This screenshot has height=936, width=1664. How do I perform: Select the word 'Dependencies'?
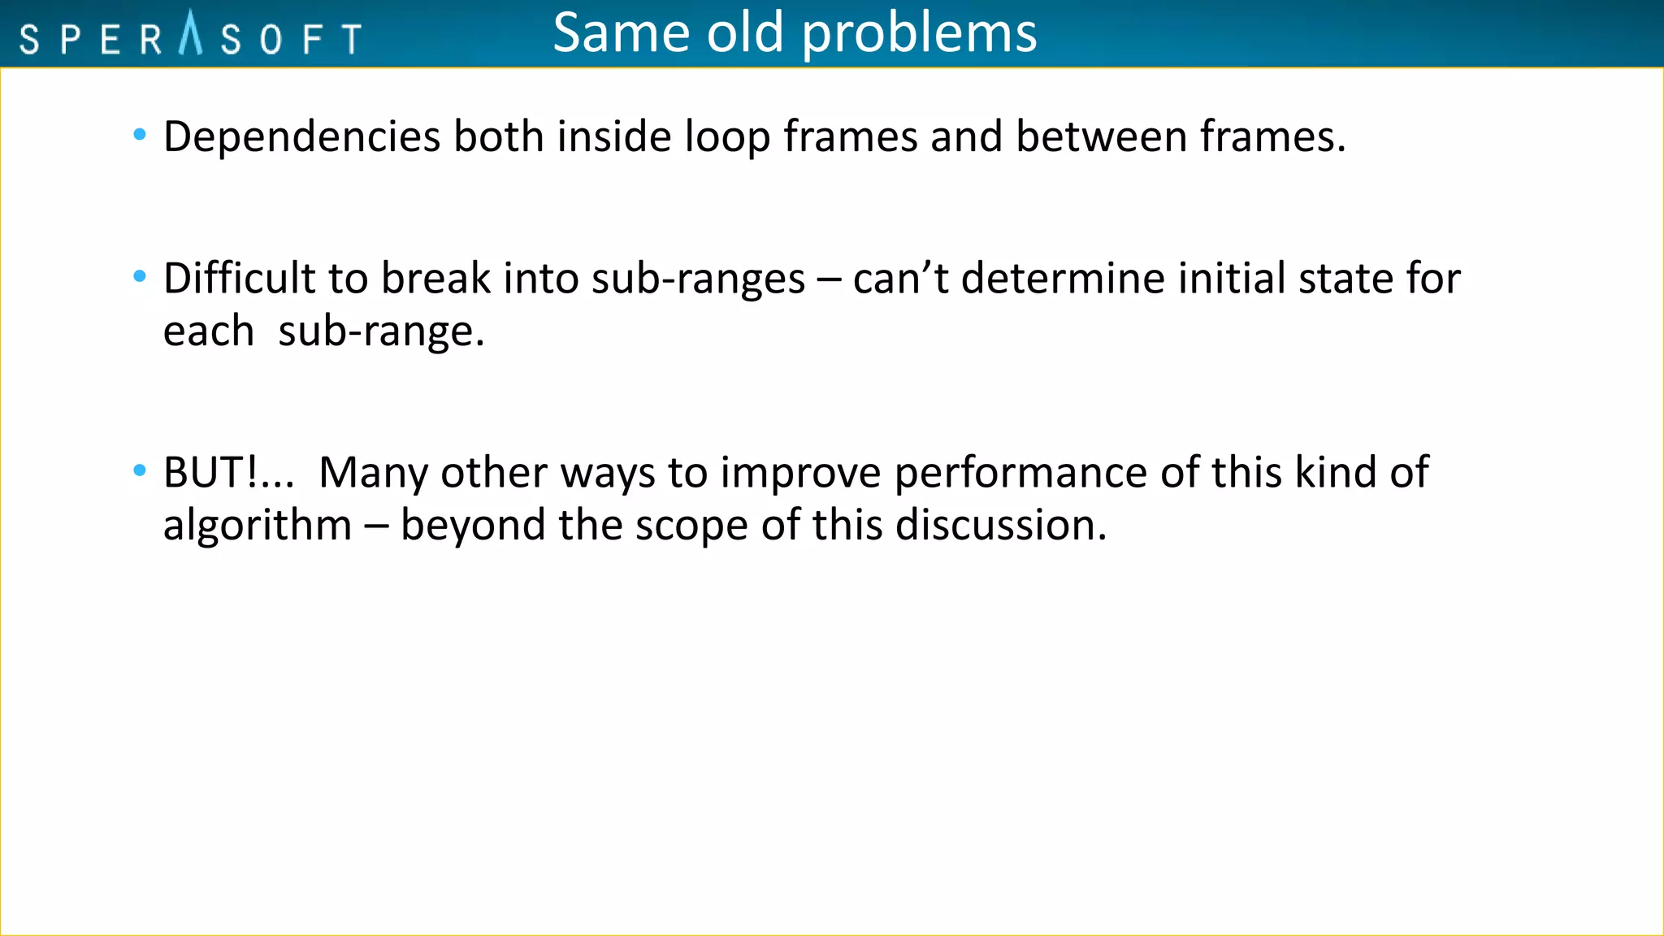(x=301, y=136)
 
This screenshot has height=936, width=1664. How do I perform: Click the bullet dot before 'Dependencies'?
(x=140, y=135)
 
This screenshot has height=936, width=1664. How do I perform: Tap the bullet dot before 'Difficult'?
(x=140, y=277)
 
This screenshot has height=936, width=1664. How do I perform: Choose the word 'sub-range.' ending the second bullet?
(x=381, y=331)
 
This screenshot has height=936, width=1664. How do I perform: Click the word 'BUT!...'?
(x=228, y=472)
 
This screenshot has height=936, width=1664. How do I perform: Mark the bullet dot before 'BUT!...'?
(x=140, y=470)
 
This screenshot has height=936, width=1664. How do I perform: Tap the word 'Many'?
(x=373, y=472)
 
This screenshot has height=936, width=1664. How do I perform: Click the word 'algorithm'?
(x=257, y=525)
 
